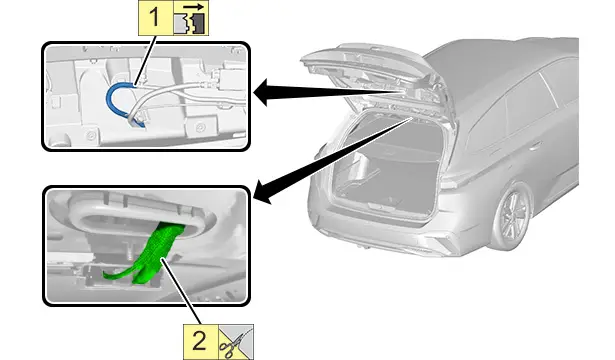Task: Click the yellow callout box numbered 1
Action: point(156,18)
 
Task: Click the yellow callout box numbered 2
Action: point(201,342)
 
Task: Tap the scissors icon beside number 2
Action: point(236,342)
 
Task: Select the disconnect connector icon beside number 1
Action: point(191,18)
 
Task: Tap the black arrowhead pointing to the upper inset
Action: point(262,92)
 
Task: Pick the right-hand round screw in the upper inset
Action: point(200,127)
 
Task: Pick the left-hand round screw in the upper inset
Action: point(91,136)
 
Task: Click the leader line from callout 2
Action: point(182,291)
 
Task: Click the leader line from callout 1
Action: point(146,60)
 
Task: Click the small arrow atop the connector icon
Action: point(193,7)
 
